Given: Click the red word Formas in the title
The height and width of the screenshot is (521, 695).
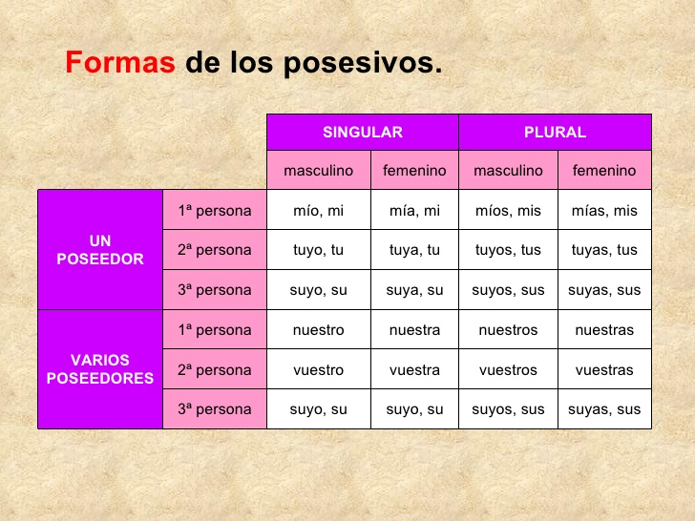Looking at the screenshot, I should tap(119, 64).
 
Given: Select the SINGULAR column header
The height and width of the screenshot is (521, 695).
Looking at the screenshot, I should tap(363, 133).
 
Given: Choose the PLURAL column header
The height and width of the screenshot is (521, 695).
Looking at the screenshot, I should tap(555, 133).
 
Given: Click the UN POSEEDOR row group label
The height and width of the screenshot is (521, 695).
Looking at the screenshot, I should tap(100, 250).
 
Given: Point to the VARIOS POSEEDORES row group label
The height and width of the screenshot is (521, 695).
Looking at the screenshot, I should tap(100, 369).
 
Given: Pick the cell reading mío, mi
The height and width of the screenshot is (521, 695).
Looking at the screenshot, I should tap(319, 211).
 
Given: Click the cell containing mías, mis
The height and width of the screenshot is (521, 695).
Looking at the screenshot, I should tap(604, 211).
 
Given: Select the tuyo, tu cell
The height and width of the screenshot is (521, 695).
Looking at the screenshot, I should tap(319, 250).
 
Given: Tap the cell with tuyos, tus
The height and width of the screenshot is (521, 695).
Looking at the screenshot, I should tap(508, 250).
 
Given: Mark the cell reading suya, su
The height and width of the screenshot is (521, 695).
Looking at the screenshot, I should tap(414, 290).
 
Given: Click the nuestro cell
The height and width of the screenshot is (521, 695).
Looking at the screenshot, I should tap(319, 330).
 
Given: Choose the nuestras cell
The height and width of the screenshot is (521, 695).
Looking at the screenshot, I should tap(604, 330).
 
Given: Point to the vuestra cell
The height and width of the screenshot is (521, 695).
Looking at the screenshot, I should tap(414, 370).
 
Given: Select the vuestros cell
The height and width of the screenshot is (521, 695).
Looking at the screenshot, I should tap(508, 370).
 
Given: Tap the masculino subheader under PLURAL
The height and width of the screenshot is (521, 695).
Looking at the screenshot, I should tap(508, 171).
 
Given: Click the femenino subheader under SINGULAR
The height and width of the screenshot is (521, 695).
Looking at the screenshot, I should tap(414, 171).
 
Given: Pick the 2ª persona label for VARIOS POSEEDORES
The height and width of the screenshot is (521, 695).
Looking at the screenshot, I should tap(215, 370).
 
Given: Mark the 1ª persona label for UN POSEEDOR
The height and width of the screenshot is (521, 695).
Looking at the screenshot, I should tap(215, 211).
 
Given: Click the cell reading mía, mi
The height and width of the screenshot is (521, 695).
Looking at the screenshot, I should tap(414, 211).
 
